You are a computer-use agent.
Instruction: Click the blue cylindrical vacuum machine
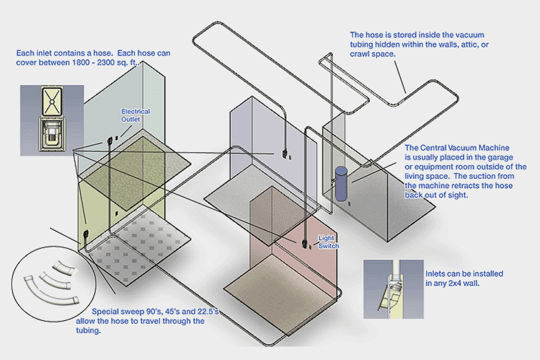tap(340, 184)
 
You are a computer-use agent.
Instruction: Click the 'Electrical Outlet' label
tap(135, 115)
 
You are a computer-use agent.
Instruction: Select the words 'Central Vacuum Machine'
tap(457, 147)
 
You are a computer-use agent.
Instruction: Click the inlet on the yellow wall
tap(85, 236)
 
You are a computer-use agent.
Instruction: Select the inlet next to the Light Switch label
tap(306, 243)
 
